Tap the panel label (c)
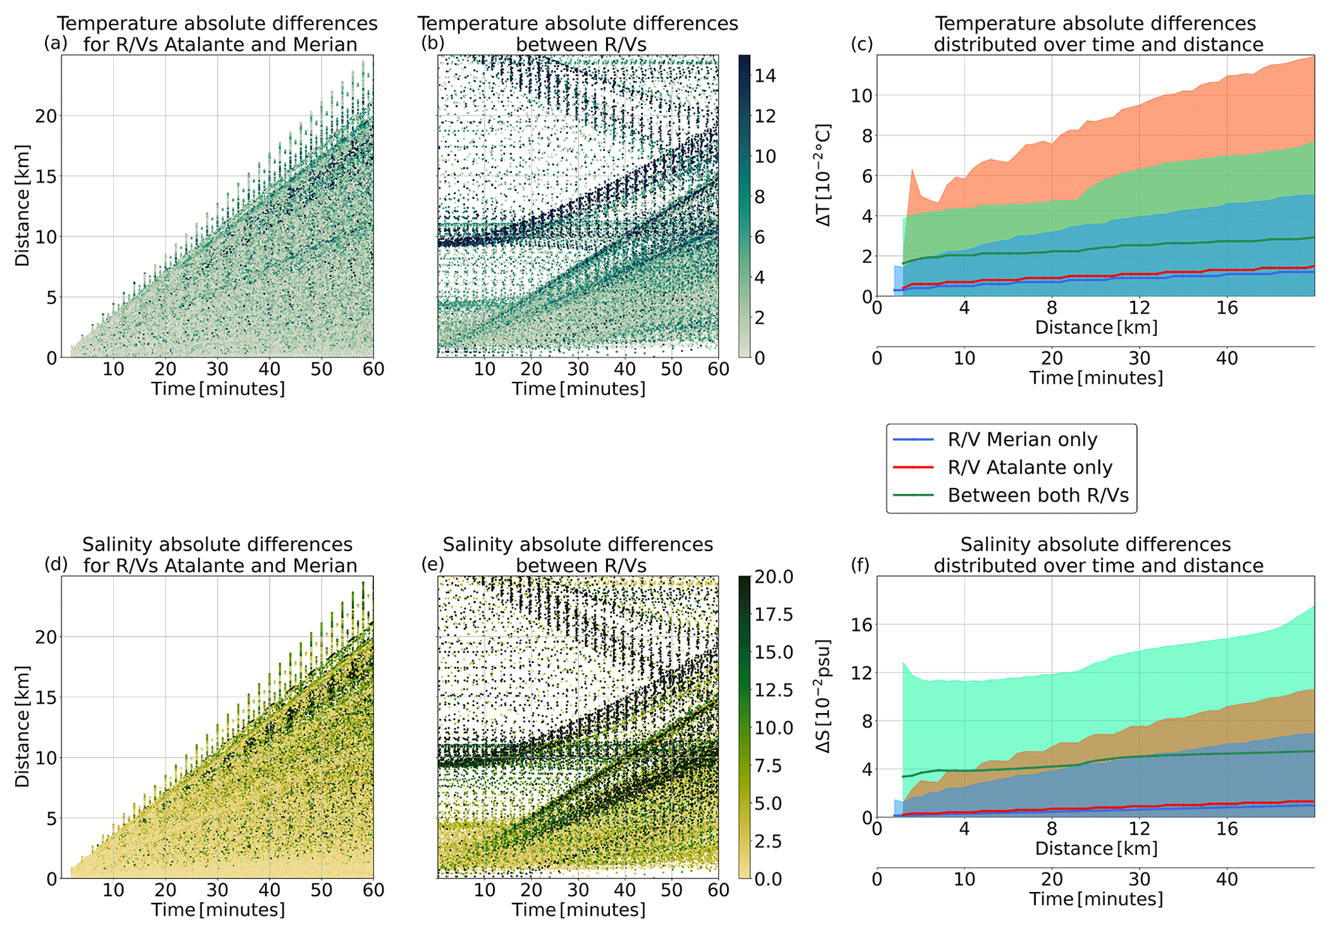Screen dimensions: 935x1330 (x=862, y=44)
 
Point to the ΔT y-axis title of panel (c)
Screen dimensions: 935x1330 (x=824, y=175)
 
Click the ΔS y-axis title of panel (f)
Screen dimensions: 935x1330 (x=824, y=696)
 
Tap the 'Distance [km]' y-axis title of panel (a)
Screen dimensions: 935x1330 (x=23, y=206)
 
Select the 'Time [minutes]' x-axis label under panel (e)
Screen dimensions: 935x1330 (x=578, y=910)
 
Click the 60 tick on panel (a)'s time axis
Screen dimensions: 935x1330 (x=374, y=369)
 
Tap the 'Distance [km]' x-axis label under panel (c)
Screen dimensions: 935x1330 (x=1096, y=327)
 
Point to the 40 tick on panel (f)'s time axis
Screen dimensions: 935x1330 (x=1227, y=879)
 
